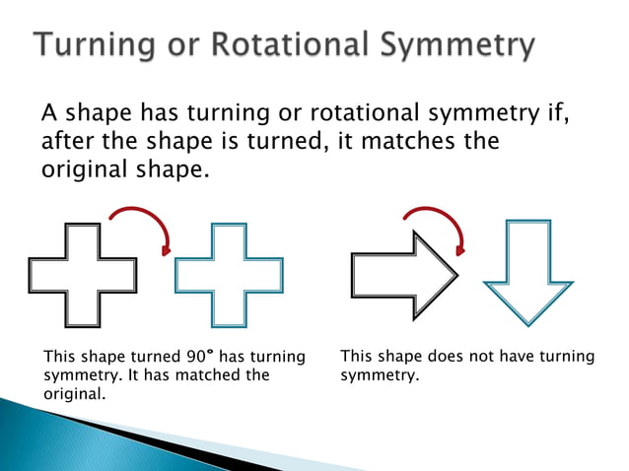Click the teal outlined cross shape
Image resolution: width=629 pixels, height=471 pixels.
(229, 273)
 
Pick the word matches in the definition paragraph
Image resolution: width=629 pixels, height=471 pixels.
(404, 142)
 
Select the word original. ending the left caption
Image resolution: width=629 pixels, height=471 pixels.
(75, 394)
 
